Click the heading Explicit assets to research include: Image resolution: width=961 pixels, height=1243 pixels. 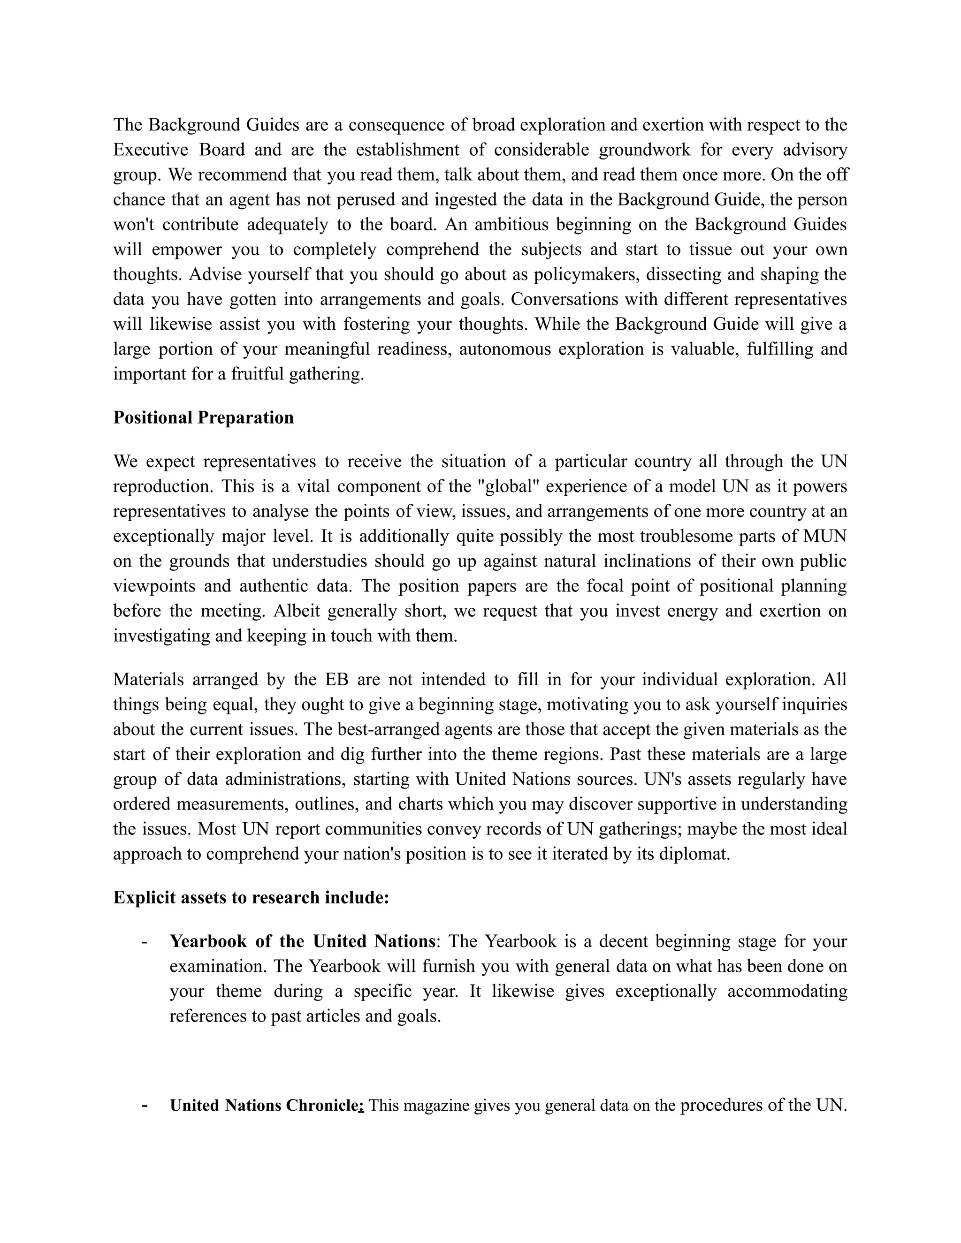click(251, 897)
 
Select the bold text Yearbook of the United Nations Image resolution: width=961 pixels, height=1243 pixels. click(302, 941)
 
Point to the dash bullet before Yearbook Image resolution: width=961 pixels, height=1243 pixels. click(145, 941)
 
